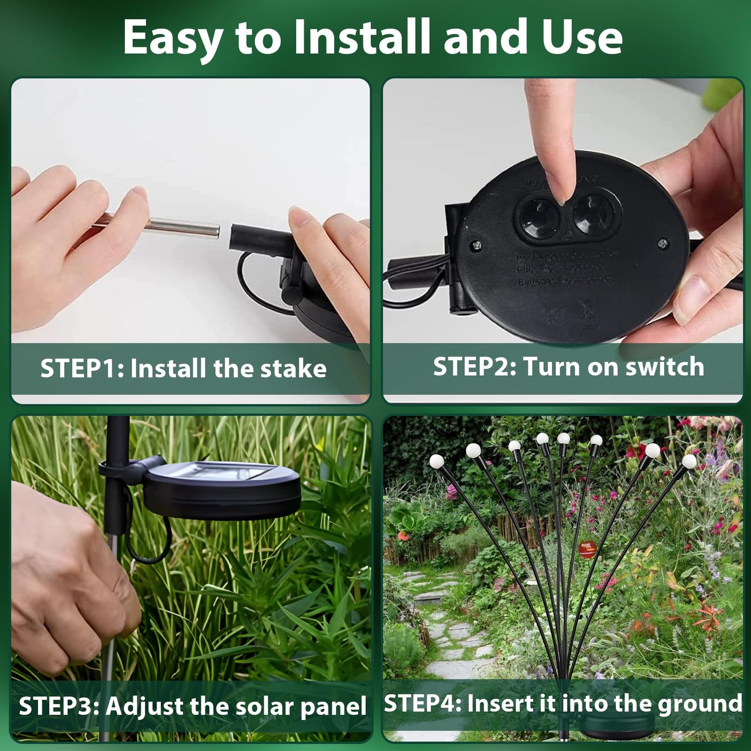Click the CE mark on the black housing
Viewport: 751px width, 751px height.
pyautogui.click(x=553, y=314)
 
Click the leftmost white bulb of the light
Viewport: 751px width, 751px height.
pyautogui.click(x=437, y=461)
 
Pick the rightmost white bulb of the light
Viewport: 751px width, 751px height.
pyautogui.click(x=689, y=461)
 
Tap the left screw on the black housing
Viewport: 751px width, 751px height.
pyautogui.click(x=476, y=244)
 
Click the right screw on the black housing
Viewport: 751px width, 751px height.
pyautogui.click(x=663, y=243)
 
